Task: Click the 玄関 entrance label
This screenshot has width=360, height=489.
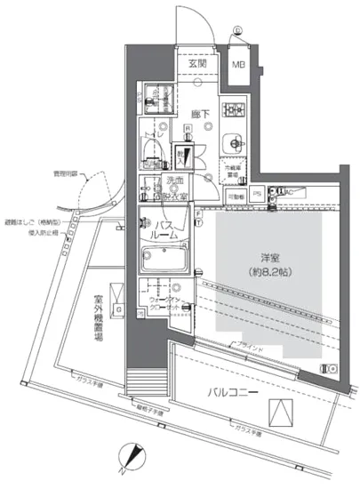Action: coord(196,63)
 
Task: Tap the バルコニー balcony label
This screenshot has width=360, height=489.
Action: coord(233,391)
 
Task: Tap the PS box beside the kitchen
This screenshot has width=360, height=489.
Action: coord(256,192)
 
